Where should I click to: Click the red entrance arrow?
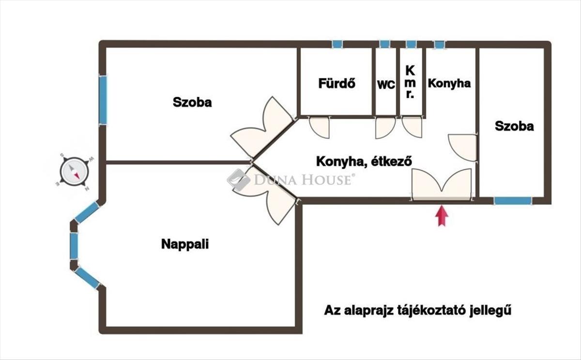tap(441, 216)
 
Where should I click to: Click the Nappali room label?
tap(184, 244)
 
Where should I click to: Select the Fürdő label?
tap(336, 83)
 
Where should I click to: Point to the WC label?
tap(386, 84)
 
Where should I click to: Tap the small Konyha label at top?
tap(449, 83)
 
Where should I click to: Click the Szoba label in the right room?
tap(514, 126)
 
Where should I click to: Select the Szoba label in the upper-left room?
tap(192, 103)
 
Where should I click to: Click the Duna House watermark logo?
tap(290, 180)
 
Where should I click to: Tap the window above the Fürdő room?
tap(337, 45)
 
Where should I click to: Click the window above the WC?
tap(384, 45)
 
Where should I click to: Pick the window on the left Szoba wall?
tap(103, 100)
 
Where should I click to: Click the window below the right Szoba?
tap(513, 200)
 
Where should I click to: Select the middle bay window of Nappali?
tap(74, 246)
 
